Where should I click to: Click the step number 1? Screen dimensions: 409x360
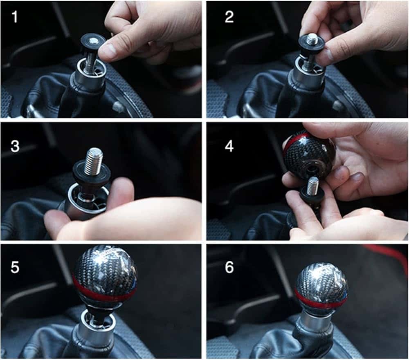point(15,17)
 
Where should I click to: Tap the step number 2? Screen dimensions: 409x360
point(229,17)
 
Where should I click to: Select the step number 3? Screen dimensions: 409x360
point(15,146)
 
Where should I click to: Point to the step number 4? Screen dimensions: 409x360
point(229,146)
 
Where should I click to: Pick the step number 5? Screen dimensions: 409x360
point(15,267)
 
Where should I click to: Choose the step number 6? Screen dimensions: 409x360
point(229,267)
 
